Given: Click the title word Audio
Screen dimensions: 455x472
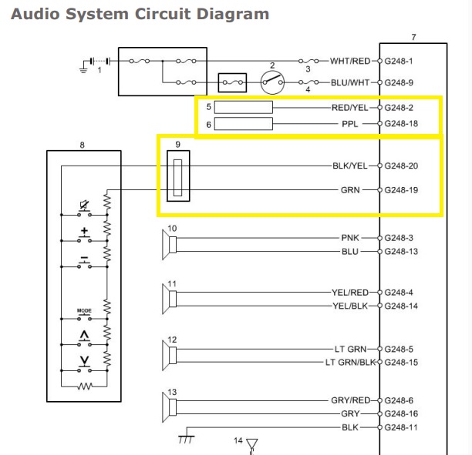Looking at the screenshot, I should click(x=35, y=14).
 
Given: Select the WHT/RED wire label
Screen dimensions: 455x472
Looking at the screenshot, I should click(x=350, y=61).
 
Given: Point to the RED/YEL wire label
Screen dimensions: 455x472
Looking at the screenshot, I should click(x=351, y=108).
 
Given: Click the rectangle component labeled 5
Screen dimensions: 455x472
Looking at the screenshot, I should click(x=243, y=108).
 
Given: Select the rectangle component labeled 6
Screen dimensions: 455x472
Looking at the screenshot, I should click(x=243, y=123).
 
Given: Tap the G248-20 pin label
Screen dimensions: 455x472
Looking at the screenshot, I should click(x=403, y=166).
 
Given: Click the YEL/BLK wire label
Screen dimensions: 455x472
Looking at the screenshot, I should click(x=351, y=306).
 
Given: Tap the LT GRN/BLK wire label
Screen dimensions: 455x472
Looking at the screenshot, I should click(x=349, y=362).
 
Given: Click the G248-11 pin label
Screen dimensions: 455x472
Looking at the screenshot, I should click(x=403, y=427).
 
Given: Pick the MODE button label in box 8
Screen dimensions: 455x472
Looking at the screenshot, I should click(x=84, y=310).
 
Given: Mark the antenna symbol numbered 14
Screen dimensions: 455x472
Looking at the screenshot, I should click(x=251, y=444).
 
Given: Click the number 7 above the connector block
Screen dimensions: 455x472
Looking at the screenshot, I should click(x=413, y=37).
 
